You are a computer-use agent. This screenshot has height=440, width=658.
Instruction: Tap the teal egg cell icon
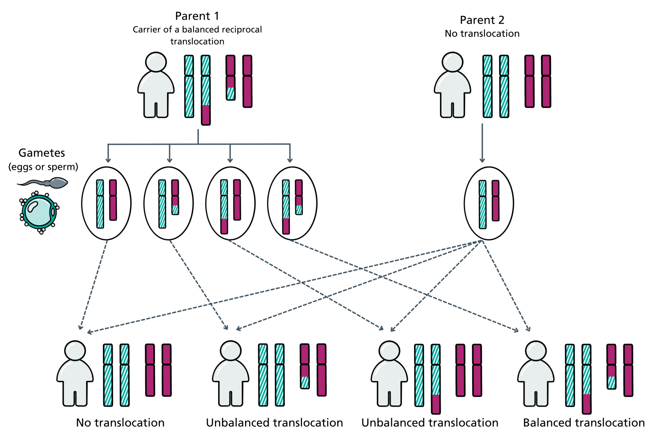(x=39, y=211)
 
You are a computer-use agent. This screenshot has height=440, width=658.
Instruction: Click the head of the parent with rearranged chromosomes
(x=156, y=62)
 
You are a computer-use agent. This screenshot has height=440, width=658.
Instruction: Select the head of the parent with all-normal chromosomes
(x=452, y=62)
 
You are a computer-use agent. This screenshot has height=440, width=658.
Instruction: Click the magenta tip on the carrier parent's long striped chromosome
(x=206, y=115)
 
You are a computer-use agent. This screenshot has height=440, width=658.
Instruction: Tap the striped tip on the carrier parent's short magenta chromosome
(x=230, y=93)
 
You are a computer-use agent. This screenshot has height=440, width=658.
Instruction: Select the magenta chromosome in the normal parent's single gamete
(x=496, y=201)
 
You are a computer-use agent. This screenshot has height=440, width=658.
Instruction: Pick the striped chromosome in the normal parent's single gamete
(x=483, y=204)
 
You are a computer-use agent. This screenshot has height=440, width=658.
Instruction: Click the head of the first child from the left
(x=75, y=351)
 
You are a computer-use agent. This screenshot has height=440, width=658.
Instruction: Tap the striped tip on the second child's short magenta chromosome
(x=305, y=382)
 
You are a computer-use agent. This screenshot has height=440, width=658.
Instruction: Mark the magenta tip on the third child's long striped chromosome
(x=436, y=404)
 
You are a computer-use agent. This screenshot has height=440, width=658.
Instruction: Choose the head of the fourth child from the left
(x=535, y=351)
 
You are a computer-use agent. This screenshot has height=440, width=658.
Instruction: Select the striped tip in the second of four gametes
(x=175, y=210)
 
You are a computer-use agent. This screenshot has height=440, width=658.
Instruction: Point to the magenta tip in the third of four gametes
(x=224, y=226)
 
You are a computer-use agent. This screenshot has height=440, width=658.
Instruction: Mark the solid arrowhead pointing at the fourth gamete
(x=290, y=160)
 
